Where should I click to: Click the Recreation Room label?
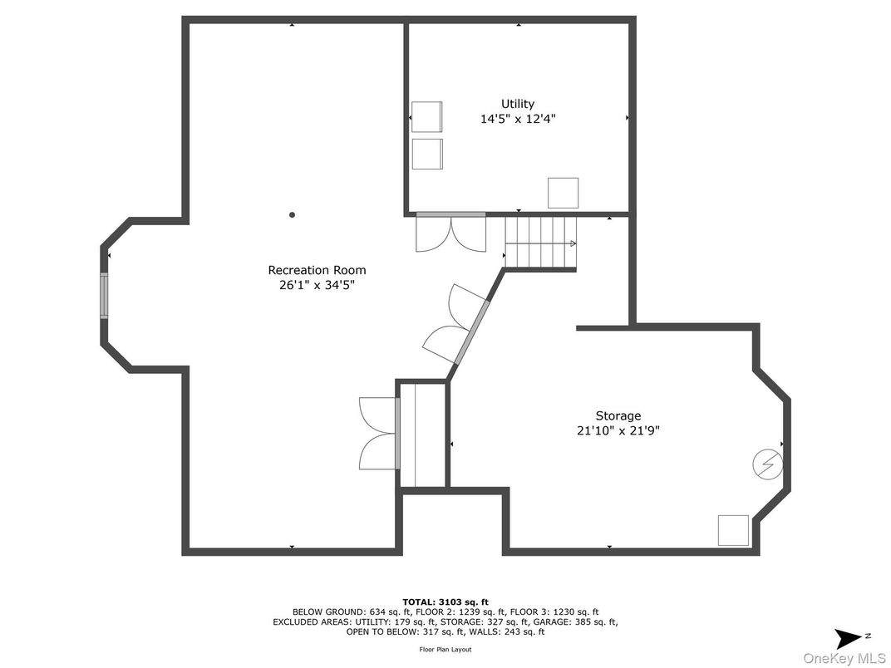[317, 270]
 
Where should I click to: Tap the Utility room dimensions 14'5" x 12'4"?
[518, 119]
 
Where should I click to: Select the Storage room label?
[618, 416]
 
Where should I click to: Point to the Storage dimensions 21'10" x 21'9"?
[618, 430]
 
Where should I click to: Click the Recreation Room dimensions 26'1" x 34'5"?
[317, 285]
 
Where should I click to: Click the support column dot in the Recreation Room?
[292, 214]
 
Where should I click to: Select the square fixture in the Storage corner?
[734, 531]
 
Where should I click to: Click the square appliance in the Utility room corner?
[564, 193]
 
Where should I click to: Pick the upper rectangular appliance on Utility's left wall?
[426, 117]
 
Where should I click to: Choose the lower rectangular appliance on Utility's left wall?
[426, 154]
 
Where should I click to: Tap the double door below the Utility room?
[451, 232]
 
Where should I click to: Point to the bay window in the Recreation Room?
[104, 296]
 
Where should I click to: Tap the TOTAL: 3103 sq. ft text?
[445, 602]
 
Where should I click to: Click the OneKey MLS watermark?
[845, 658]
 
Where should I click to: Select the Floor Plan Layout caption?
[445, 649]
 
